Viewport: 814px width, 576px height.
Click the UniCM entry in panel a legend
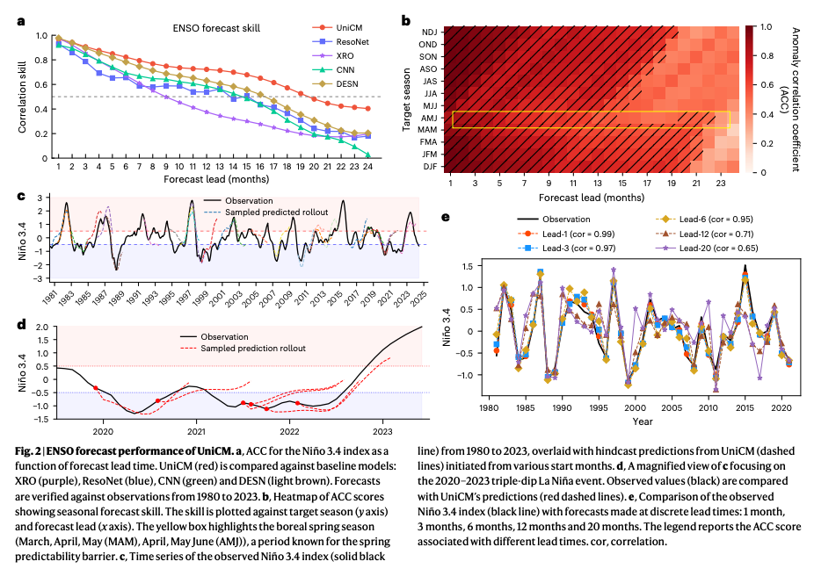[338, 27]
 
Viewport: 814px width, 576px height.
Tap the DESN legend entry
[336, 83]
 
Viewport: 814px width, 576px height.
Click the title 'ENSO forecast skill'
[216, 28]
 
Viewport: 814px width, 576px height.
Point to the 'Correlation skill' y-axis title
[22, 97]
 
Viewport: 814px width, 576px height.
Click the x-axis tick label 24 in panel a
[367, 167]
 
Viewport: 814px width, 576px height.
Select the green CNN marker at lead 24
[367, 155]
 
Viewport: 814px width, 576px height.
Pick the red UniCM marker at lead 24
[367, 108]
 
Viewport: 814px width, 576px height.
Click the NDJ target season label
[429, 32]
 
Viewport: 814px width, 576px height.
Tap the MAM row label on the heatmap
[427, 130]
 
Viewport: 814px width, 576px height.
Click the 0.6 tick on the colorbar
[767, 84]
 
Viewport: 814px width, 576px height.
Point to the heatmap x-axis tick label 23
[721, 183]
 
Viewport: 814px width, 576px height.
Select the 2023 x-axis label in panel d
[382, 431]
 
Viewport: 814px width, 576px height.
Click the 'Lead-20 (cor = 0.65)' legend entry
[707, 248]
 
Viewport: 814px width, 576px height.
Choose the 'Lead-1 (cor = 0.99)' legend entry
[566, 234]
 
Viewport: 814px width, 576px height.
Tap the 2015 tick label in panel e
[745, 407]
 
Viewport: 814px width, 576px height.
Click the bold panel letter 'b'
[406, 21]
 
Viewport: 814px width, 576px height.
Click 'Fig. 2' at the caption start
[27, 451]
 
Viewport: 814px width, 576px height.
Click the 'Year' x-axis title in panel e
[643, 421]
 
